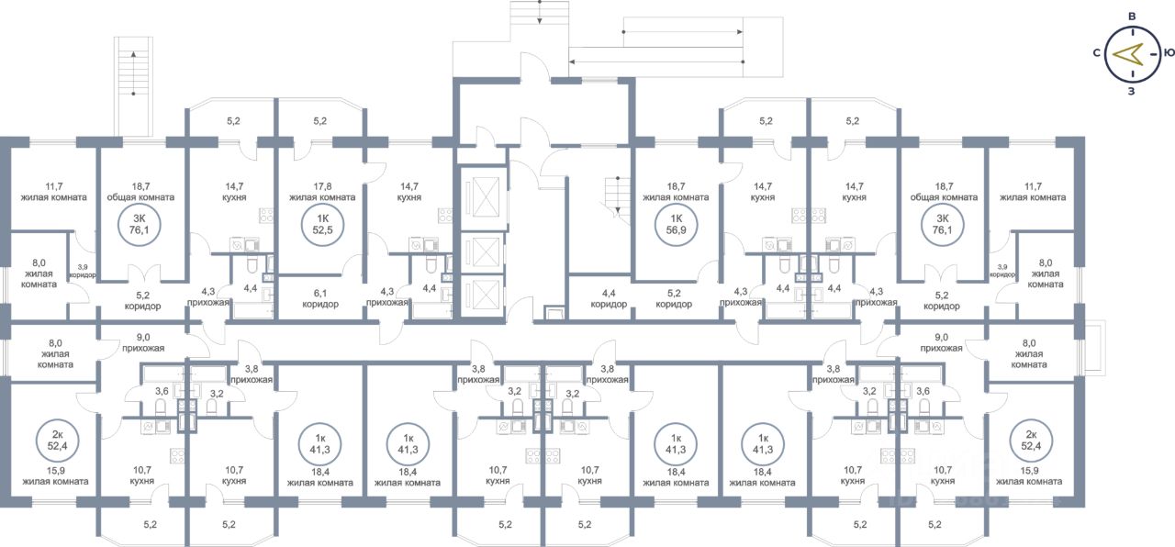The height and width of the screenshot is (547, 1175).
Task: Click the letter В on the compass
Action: click(x=1132, y=17)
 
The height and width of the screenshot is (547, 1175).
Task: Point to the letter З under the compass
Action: click(x=1132, y=91)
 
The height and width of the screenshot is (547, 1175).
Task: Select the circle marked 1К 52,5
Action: click(x=322, y=225)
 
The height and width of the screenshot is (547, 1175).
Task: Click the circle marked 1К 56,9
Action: click(x=677, y=225)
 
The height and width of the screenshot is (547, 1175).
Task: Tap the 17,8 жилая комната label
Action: click(x=322, y=192)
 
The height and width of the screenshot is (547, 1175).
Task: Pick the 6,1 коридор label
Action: click(x=320, y=299)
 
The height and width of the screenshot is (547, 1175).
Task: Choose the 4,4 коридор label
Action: click(x=609, y=299)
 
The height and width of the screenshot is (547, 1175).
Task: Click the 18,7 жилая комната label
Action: click(x=676, y=192)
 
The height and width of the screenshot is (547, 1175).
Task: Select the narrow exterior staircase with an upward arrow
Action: click(x=133, y=87)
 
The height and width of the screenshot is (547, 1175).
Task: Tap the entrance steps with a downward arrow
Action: click(x=539, y=20)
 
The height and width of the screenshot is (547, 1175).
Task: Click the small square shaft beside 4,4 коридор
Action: click(x=554, y=313)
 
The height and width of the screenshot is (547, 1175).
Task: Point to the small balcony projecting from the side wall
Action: click(x=1095, y=346)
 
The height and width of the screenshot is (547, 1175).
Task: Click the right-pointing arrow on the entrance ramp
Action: click(x=683, y=32)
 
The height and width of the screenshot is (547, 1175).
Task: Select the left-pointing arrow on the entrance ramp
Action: click(x=655, y=61)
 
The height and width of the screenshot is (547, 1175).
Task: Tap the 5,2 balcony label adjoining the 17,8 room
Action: click(x=320, y=121)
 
